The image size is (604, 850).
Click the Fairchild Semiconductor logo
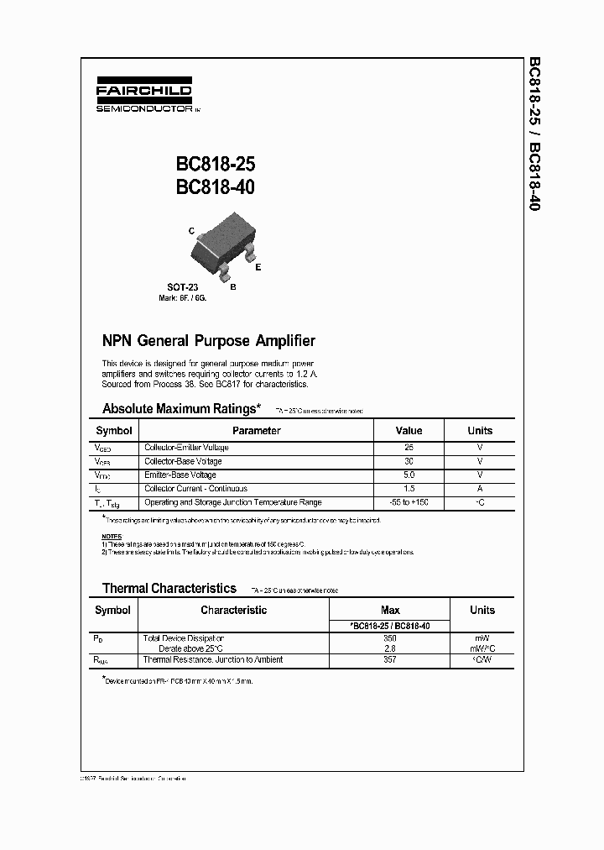(143, 97)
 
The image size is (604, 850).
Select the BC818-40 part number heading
(215, 187)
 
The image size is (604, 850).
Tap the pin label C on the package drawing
(191, 230)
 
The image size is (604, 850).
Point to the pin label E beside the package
(258, 267)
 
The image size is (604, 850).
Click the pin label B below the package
(232, 286)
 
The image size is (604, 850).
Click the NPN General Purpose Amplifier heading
(208, 341)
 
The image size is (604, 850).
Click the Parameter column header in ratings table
(256, 431)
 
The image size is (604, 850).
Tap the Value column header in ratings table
(409, 431)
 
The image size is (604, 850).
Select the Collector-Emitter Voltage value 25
(409, 448)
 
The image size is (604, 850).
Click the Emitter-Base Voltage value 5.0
(409, 475)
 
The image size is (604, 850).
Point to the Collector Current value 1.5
(409, 489)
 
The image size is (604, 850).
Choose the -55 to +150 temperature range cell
(409, 502)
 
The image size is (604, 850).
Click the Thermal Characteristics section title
(169, 589)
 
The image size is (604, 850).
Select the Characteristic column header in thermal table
(233, 611)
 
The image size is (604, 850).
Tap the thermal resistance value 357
(390, 660)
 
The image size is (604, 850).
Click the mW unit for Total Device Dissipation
(482, 638)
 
